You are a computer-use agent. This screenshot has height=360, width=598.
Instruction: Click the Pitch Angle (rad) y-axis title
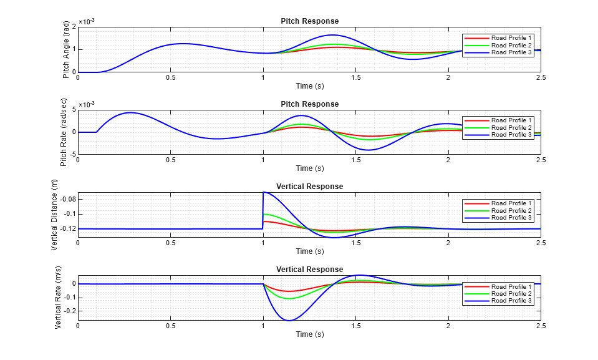click(x=66, y=49)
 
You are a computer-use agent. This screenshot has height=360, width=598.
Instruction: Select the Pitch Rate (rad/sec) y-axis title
click(x=64, y=132)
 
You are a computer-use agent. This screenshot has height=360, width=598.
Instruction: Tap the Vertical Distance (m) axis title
click(x=55, y=215)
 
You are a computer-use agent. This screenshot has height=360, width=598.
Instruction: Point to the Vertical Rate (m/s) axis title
click(x=57, y=298)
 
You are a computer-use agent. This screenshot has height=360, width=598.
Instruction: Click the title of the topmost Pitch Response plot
click(x=309, y=21)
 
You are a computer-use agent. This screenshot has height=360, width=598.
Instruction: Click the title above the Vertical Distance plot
click(x=309, y=187)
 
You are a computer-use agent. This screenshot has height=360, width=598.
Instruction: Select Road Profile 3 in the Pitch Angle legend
click(x=511, y=52)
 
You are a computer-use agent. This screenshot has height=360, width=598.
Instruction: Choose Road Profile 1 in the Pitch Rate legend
click(x=511, y=120)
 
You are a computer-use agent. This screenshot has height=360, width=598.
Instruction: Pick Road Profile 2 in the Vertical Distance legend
click(x=511, y=210)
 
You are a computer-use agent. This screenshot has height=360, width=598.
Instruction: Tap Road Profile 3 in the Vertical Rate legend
click(x=511, y=301)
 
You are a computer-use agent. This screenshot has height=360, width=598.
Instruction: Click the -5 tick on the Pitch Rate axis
click(x=72, y=153)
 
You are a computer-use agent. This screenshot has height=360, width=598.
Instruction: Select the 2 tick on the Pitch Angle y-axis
click(x=74, y=26)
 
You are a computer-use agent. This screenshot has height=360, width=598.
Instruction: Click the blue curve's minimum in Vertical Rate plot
click(x=289, y=320)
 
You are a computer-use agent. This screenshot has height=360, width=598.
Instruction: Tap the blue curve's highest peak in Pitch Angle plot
click(x=332, y=35)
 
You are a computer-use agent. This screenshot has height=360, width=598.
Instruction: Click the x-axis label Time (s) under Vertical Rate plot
click(x=309, y=334)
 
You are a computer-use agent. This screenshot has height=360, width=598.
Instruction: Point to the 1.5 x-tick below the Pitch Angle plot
click(x=355, y=77)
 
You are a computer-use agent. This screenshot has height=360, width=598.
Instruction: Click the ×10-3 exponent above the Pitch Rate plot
click(x=87, y=104)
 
